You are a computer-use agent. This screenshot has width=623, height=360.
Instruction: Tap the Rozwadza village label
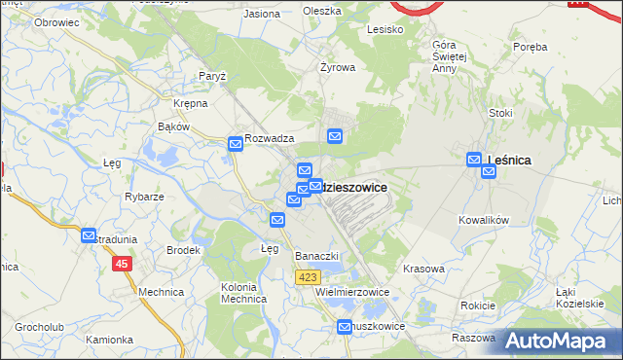coord(270,139)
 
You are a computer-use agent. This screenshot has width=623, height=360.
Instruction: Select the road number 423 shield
coord(308,278)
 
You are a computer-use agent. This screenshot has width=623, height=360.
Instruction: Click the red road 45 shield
coord(122,264)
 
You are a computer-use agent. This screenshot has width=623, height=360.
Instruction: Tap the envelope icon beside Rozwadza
coord(236,144)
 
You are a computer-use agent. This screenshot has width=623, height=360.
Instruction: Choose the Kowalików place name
coord(484,221)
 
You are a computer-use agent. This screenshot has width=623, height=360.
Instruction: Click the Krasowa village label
coord(423,269)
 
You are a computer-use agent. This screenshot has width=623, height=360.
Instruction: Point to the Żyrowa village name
coord(338,68)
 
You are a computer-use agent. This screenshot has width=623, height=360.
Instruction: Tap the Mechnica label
coord(161,292)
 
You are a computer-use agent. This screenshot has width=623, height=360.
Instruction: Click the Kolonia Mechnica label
coord(244,293)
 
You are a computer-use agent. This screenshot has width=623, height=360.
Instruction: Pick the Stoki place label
coord(500,113)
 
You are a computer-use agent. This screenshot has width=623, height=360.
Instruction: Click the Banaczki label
coord(316,256)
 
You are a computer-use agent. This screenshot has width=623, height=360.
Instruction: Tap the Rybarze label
coord(143,196)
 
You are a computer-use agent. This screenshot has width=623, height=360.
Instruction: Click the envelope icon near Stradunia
coord(90,235)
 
